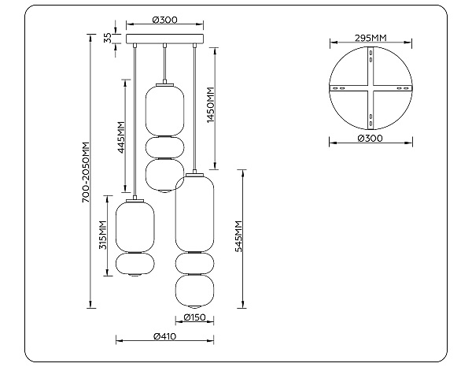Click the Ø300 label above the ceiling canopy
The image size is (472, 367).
pos(164,20)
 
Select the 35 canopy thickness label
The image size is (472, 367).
pos(108,38)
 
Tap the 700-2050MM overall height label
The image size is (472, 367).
pos(86,172)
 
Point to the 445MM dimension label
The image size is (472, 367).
pos(121,137)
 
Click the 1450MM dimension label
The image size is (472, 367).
pos(210,106)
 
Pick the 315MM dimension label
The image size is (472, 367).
pos(103,235)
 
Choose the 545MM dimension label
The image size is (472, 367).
pos(238,236)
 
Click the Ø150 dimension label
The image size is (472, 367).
pos(194,317)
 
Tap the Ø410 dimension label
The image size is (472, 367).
pos(164,336)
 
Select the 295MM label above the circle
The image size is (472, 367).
pos(371,38)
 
